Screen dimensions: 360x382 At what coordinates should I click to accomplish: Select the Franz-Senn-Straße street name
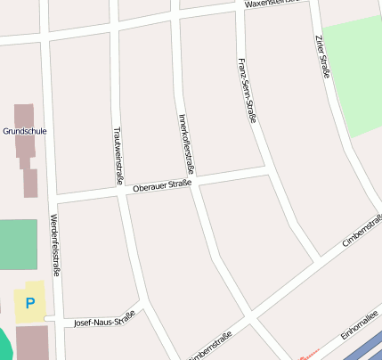pos(247,90)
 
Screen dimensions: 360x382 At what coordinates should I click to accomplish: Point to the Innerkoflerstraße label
pos(186,143)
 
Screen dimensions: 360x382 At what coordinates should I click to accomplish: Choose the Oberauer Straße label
pos(161,185)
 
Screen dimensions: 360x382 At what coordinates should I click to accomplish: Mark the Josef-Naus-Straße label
pos(104,318)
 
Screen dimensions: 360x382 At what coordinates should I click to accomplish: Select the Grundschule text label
pos(25,131)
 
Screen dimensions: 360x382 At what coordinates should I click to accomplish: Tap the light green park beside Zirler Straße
pos(352,76)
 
